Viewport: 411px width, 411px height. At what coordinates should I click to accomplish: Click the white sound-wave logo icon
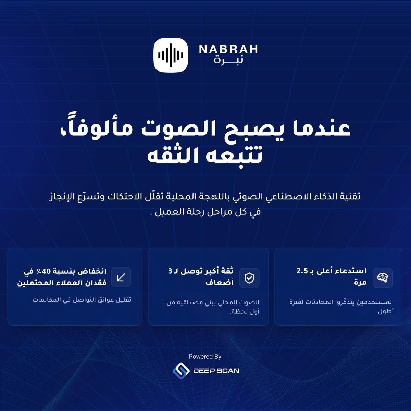click(x=171, y=55)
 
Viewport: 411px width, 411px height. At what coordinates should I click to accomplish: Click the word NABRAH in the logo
click(x=228, y=49)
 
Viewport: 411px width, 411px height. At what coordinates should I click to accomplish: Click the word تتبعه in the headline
click(x=233, y=156)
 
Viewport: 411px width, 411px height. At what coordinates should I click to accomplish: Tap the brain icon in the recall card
click(x=383, y=277)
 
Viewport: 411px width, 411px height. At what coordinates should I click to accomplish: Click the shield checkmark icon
click(x=249, y=278)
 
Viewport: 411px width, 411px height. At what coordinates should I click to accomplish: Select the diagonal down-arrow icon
click(x=121, y=277)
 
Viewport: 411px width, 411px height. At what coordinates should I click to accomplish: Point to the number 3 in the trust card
click(x=170, y=271)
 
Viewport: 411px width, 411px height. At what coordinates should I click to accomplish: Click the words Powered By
click(x=205, y=357)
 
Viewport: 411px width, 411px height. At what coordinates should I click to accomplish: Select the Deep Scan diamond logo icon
click(x=181, y=370)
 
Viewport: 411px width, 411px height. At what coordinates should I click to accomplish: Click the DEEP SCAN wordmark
click(x=216, y=371)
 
